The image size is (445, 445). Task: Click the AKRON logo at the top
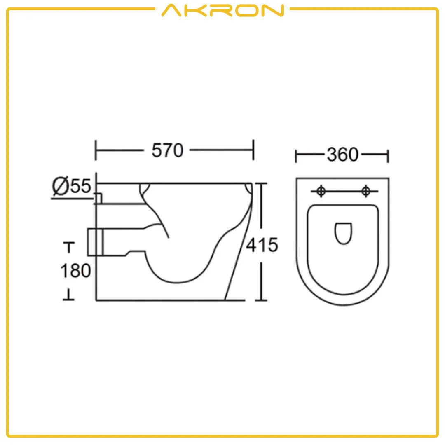222,10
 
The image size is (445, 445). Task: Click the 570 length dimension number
167,150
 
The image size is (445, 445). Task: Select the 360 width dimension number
342,155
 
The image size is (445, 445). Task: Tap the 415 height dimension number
262,246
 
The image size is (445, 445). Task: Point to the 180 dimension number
75,271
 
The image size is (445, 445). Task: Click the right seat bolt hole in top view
365,191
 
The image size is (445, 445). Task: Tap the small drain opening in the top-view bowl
343,233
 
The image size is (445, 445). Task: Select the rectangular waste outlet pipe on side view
96,242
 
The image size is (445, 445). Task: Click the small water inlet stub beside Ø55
98,198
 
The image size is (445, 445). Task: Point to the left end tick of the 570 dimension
96,150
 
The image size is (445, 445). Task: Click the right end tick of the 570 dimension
253,150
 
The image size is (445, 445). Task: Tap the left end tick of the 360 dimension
296,156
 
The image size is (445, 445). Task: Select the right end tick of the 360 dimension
388,156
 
